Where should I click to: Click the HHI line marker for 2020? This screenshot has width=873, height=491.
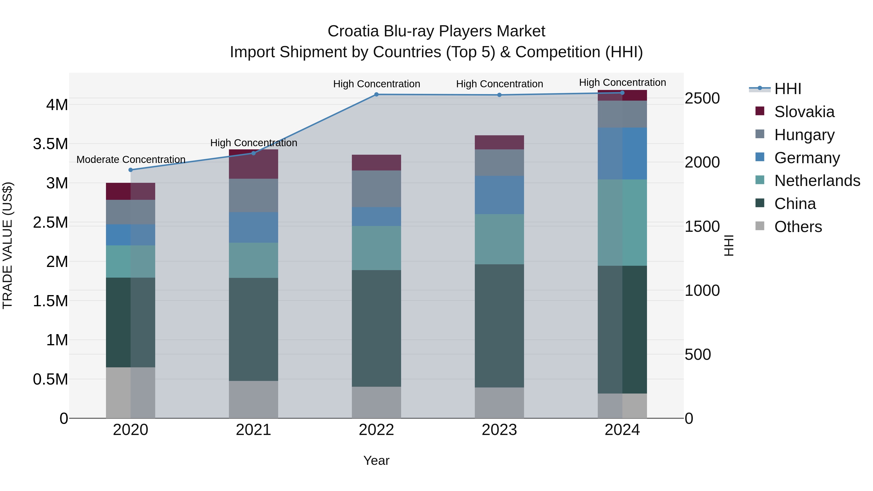point(130,170)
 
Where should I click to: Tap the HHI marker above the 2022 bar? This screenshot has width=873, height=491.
point(376,95)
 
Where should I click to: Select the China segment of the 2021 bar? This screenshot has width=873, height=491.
point(253,329)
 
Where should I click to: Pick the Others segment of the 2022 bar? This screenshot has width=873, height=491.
point(376,402)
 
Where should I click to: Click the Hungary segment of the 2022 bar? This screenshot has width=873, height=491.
point(376,189)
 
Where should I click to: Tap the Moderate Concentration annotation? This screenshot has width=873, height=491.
point(131,159)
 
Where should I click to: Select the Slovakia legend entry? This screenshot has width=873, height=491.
point(804,112)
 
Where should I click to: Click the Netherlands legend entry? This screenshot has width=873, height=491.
point(817,181)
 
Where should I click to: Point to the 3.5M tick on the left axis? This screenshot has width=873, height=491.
point(50,144)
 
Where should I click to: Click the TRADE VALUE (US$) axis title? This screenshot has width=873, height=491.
point(8,245)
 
